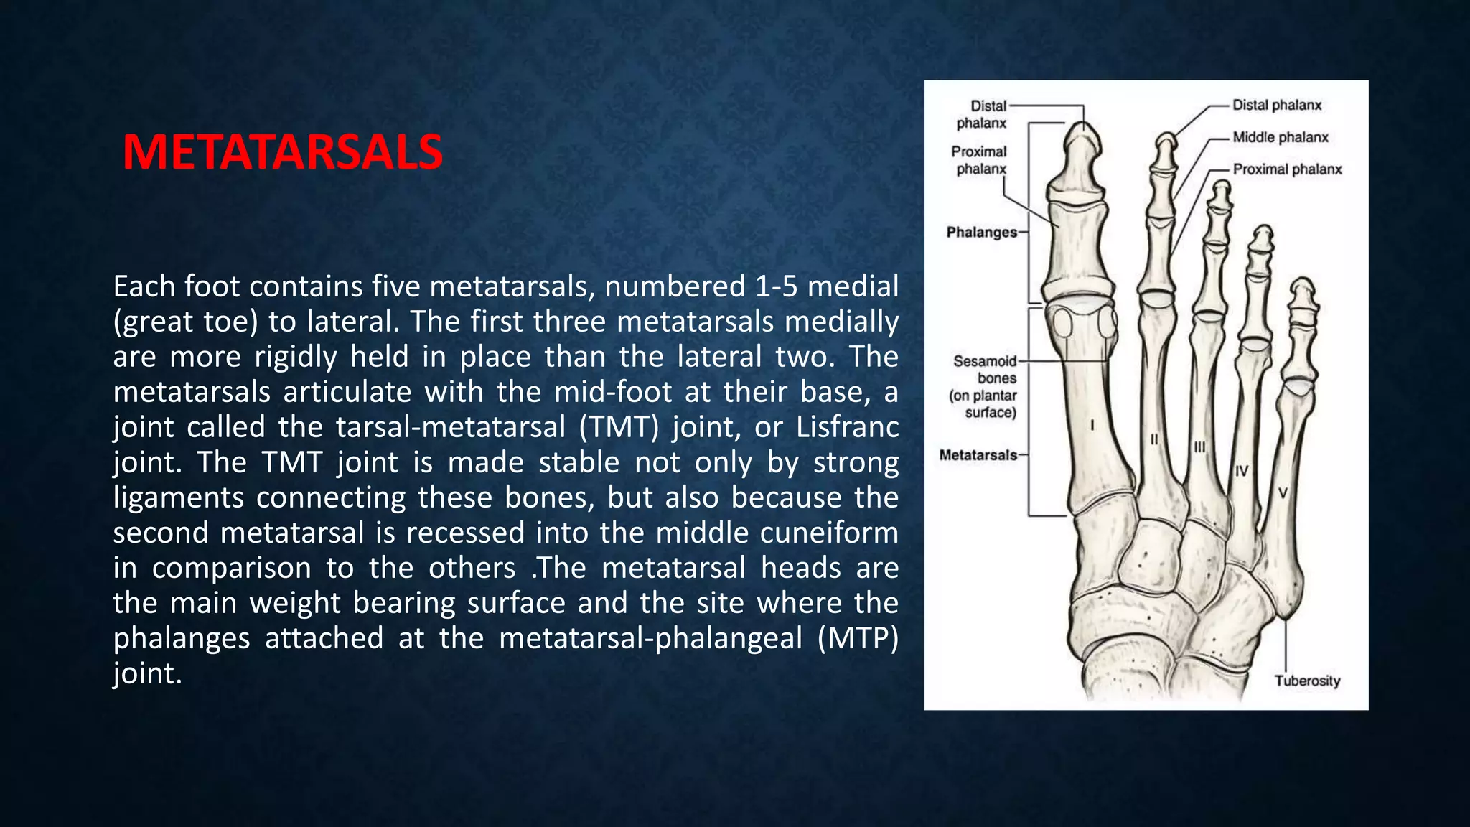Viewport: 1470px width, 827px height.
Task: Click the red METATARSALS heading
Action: (283, 152)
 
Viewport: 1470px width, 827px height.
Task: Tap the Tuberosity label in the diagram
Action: (1307, 681)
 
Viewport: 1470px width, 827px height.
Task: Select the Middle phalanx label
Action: (1281, 137)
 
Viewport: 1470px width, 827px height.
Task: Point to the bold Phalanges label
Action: (981, 233)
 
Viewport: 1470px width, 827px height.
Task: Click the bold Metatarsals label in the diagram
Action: (978, 455)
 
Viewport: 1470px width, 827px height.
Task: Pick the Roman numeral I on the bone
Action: (1092, 426)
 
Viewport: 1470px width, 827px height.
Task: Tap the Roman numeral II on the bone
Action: (1154, 439)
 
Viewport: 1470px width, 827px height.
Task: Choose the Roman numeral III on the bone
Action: (1199, 447)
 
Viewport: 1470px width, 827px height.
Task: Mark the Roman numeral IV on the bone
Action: (1242, 471)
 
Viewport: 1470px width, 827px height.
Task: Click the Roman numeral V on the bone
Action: (1283, 492)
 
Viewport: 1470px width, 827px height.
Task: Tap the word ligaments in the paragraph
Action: (178, 497)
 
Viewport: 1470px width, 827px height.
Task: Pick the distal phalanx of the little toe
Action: (1302, 294)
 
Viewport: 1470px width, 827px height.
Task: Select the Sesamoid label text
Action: (984, 361)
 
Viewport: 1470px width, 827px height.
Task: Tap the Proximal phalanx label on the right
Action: (1287, 169)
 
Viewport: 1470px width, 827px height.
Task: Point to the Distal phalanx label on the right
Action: (1277, 105)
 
